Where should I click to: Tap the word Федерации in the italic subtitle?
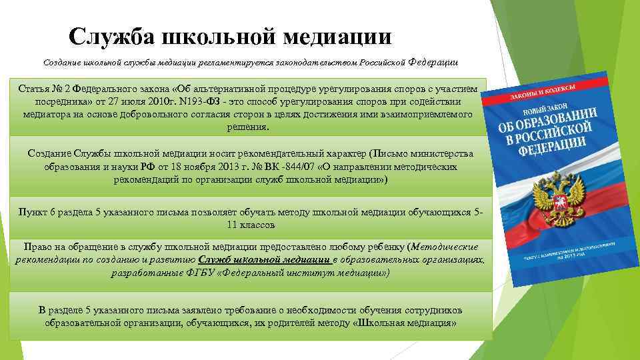tap(433, 62)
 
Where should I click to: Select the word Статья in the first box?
tap(34, 88)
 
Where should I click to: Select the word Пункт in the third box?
tap(33, 212)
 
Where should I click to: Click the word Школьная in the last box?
tap(387, 323)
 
